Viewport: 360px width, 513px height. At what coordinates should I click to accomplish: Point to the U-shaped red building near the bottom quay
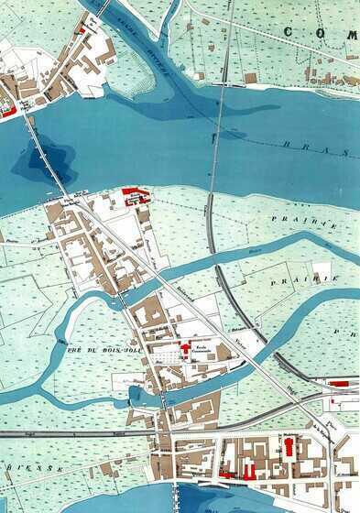(x=249, y=470)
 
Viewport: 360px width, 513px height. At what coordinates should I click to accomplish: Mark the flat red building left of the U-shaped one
(x=225, y=475)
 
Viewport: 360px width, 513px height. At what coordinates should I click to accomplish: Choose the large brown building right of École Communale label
(x=224, y=352)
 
